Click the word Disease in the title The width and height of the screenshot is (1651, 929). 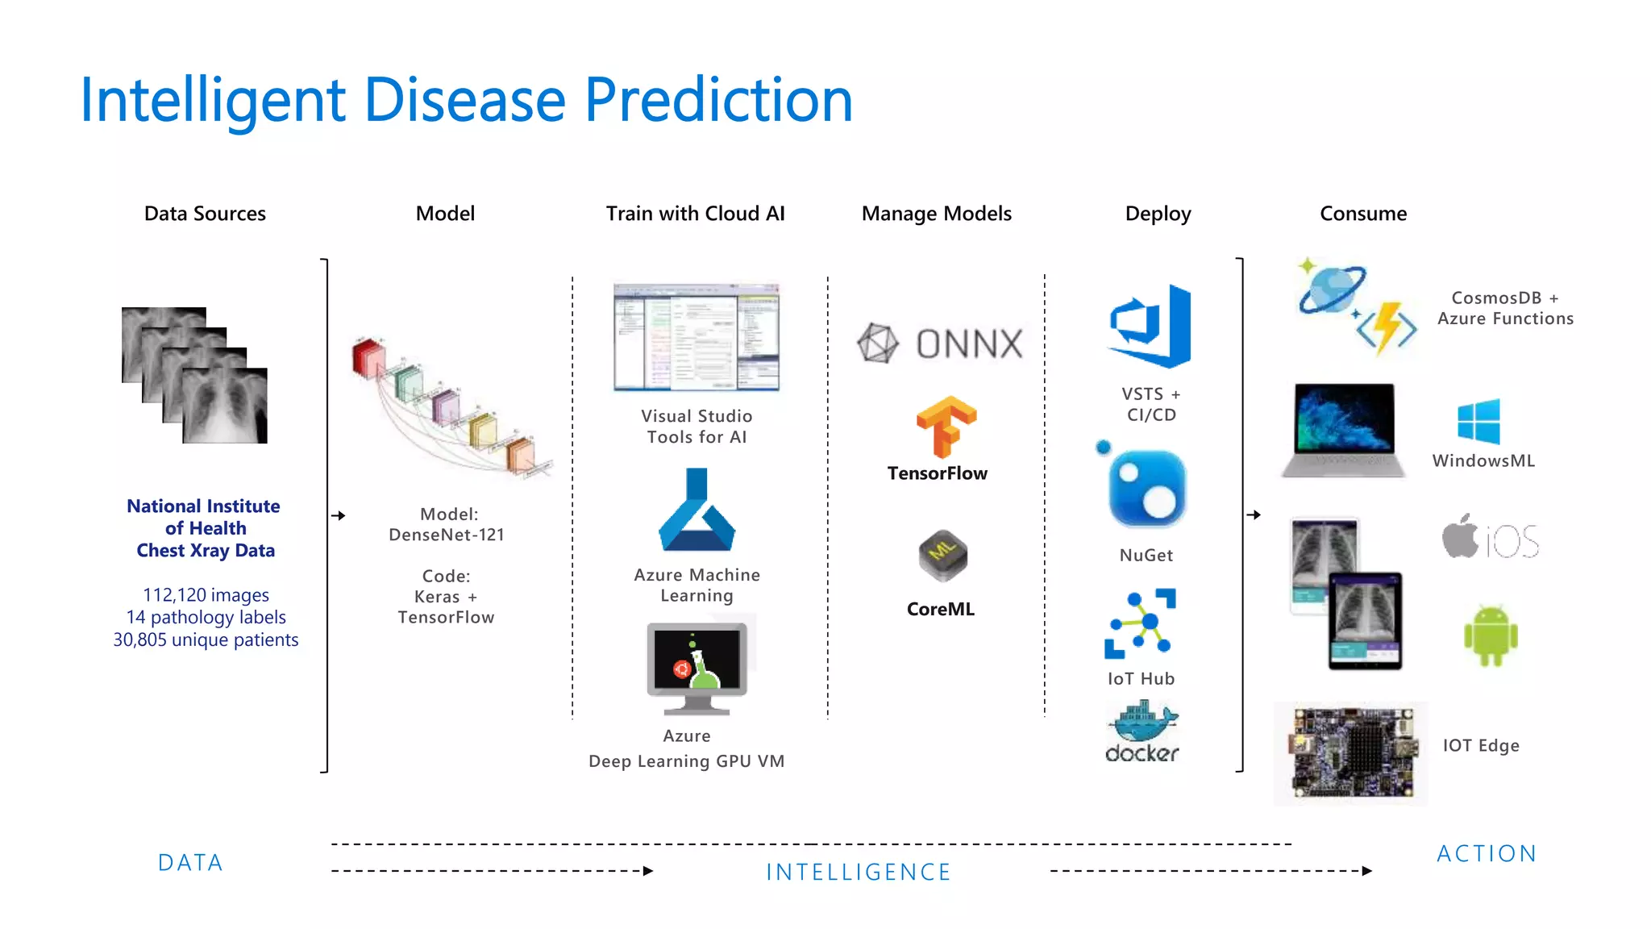click(x=465, y=100)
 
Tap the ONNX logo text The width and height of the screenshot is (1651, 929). click(x=968, y=344)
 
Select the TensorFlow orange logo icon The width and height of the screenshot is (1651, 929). click(x=946, y=427)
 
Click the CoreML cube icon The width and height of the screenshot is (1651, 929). click(x=942, y=556)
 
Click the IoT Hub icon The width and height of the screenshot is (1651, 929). click(x=1141, y=623)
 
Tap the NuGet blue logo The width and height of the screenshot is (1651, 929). click(x=1146, y=488)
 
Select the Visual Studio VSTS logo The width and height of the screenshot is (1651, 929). click(x=1151, y=326)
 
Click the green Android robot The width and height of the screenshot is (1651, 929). click(x=1491, y=636)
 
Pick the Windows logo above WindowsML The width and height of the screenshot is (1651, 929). click(x=1478, y=422)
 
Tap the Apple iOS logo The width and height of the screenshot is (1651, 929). click(x=1490, y=538)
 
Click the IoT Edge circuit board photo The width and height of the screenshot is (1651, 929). click(x=1352, y=752)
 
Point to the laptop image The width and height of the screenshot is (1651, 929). click(x=1343, y=429)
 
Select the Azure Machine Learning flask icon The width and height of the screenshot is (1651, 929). click(x=697, y=510)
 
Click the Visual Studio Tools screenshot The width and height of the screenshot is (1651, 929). click(x=697, y=337)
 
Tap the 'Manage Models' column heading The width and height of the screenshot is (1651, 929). click(x=936, y=214)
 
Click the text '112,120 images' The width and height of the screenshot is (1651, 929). click(x=206, y=595)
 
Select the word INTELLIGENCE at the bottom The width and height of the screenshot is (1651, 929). click(x=859, y=872)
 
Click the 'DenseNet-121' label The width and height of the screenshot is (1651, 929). click(x=446, y=535)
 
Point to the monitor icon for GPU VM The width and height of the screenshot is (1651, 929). click(x=697, y=667)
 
